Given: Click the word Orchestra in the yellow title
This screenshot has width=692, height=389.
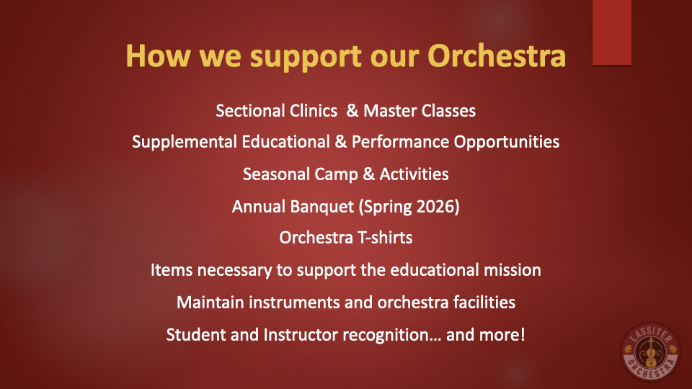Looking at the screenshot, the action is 497,56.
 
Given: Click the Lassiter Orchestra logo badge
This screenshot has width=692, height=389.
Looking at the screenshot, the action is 650,352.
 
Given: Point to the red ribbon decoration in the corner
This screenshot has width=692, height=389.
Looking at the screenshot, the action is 612,32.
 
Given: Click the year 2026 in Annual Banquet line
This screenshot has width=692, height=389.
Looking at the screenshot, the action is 433,207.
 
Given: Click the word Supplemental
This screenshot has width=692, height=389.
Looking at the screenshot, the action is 185,143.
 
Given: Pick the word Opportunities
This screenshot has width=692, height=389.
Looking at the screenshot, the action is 507,143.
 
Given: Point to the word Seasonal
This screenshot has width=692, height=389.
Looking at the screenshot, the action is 276,174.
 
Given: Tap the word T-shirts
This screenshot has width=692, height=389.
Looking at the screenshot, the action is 385,238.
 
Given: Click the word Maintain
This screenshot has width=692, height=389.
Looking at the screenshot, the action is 210,303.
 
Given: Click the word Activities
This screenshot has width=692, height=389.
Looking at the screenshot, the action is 414,174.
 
